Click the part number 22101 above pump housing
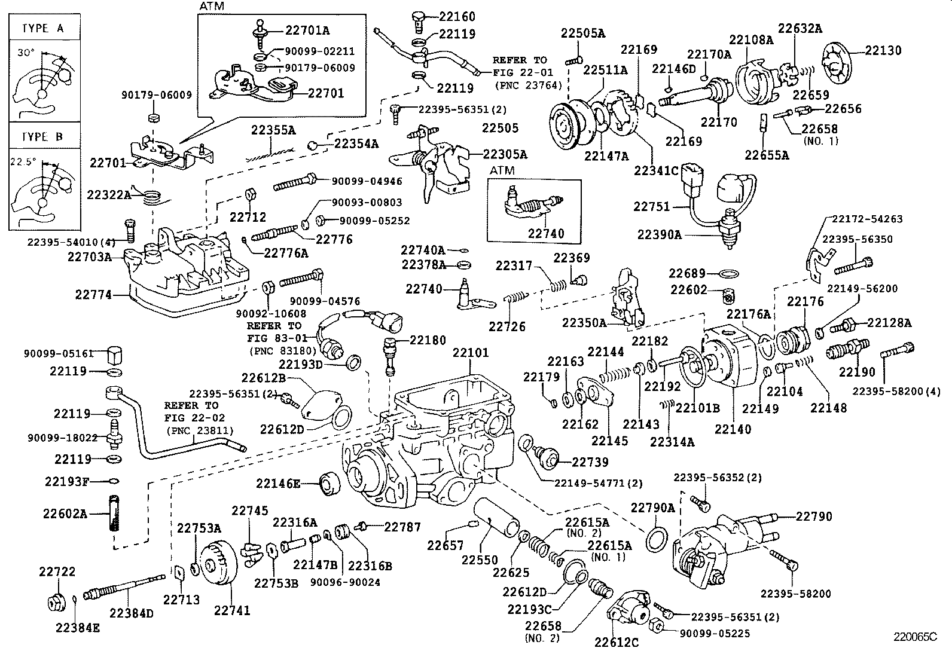point(470,353)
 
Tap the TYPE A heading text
point(42,28)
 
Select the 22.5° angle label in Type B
point(23,161)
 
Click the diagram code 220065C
point(915,637)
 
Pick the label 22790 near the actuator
point(813,517)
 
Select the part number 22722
point(57,572)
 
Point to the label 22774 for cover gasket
point(93,295)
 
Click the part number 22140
point(733,429)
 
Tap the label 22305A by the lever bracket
point(505,155)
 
